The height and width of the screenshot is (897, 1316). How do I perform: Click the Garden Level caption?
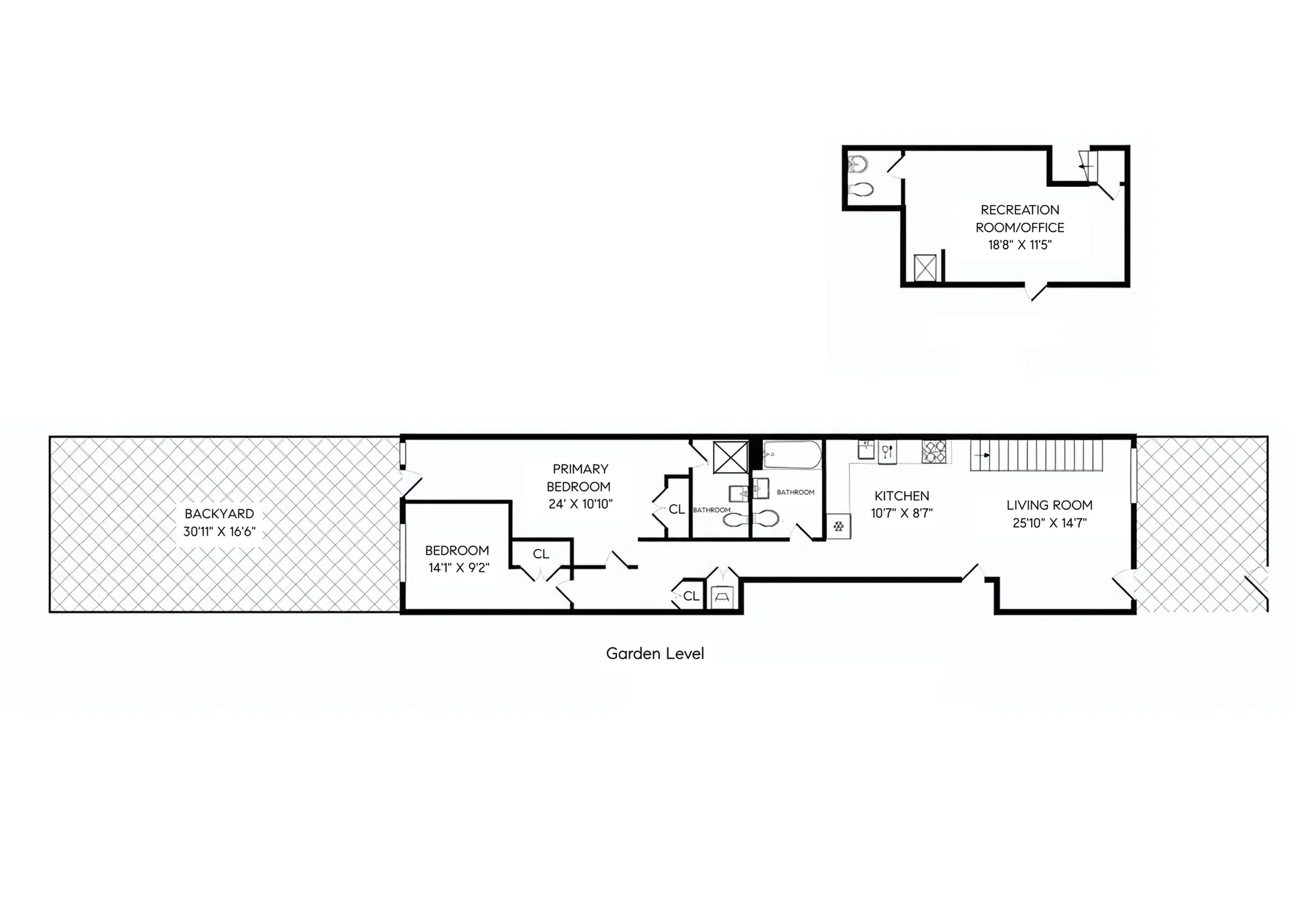coord(655,654)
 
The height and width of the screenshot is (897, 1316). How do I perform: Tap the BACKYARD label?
coord(219,514)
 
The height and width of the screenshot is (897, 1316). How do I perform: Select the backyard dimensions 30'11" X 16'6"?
coord(219,532)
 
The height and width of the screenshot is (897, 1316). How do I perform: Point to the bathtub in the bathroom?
coord(792,455)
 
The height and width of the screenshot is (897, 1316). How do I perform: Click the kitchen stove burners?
coord(934,451)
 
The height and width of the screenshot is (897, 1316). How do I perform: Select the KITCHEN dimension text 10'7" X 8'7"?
coord(901,513)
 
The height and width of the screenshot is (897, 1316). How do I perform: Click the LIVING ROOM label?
coord(1049,505)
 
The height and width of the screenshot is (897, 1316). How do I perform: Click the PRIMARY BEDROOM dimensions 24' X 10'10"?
coord(580,504)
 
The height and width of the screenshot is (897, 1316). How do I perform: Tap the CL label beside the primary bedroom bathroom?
coord(676,509)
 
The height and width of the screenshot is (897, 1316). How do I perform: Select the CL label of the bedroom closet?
coord(541,554)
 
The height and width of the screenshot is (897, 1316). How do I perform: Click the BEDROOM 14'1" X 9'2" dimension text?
coord(459,567)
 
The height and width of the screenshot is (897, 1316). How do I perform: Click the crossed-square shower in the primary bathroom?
coord(730,457)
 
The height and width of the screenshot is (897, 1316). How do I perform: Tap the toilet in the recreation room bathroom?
coord(861,190)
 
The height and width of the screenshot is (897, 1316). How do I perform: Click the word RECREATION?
coord(1020,210)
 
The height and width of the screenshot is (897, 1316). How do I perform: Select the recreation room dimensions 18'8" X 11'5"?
coord(1020,245)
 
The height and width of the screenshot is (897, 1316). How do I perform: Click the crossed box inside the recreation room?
coord(924,268)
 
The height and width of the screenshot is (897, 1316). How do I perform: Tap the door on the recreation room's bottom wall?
coord(1036,291)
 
